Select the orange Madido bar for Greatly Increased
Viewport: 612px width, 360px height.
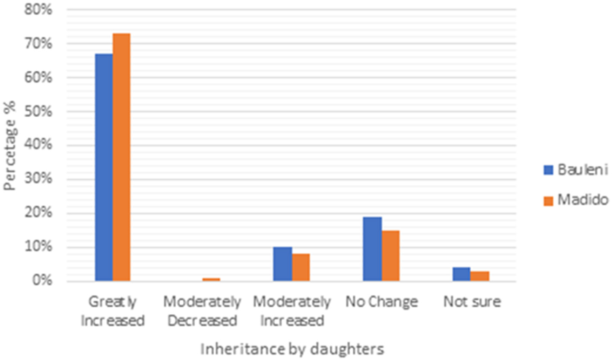tap(121, 158)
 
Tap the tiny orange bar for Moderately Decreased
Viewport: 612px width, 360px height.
tap(211, 280)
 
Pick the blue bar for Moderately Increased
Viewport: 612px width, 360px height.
tap(282, 264)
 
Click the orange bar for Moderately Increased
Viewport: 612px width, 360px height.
tap(301, 268)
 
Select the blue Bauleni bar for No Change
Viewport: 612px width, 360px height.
tap(372, 249)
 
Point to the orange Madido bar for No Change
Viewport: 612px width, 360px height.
tap(390, 256)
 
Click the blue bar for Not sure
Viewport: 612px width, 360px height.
tap(461, 274)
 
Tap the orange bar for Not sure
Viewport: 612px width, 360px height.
tap(479, 276)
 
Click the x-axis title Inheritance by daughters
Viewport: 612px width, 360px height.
tap(292, 349)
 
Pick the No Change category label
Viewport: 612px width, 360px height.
tap(381, 302)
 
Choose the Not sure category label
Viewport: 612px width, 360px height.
tap(472, 302)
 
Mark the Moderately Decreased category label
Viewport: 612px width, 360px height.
tap(202, 311)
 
